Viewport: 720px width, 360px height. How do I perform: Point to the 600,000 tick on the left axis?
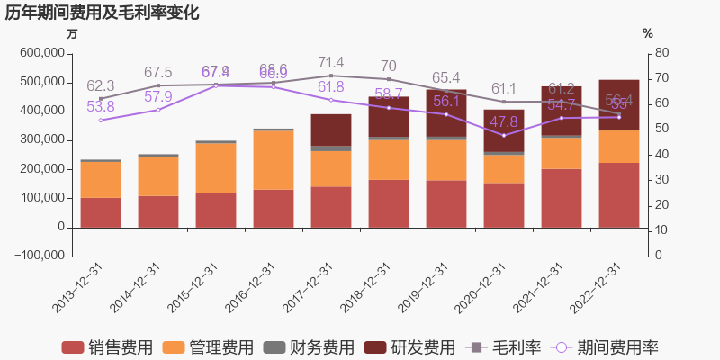[41, 53]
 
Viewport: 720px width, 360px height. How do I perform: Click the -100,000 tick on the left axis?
[39, 256]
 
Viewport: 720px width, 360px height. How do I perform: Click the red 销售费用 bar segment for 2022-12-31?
[619, 194]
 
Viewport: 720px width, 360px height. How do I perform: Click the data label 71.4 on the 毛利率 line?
[331, 62]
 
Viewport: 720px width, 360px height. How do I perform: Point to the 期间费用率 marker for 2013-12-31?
[101, 120]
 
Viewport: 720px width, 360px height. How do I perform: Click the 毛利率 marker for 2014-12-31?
[158, 85]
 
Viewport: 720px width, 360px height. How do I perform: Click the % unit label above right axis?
[647, 33]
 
